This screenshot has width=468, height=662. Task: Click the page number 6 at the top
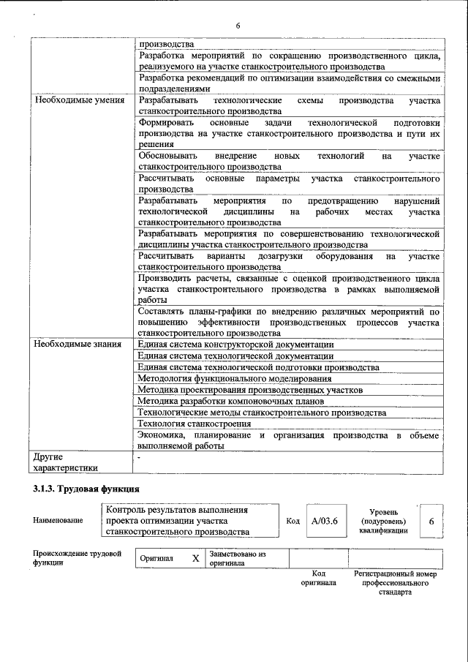tap(238, 26)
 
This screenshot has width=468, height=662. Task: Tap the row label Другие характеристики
tap(66, 462)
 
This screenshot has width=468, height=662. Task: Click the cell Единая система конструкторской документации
tap(236, 344)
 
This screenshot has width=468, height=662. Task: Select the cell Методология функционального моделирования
tap(235, 379)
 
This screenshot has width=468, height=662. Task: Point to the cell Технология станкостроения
tap(189, 424)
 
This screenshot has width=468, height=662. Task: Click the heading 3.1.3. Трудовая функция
tap(86, 489)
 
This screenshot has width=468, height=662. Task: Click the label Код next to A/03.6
tap(292, 521)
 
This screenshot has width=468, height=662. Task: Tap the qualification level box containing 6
tap(431, 521)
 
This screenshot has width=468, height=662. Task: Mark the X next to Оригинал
tap(195, 559)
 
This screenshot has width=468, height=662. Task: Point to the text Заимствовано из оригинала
tap(237, 559)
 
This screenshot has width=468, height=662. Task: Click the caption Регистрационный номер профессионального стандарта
tap(395, 583)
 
